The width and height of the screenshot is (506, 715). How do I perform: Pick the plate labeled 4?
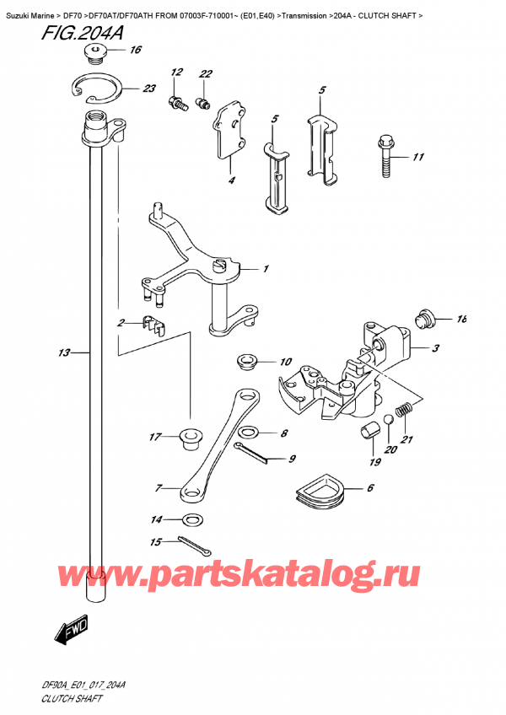pyautogui.click(x=228, y=130)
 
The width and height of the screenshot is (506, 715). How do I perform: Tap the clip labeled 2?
pyautogui.click(x=149, y=324)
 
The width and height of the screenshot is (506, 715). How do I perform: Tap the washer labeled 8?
pyautogui.click(x=248, y=434)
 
